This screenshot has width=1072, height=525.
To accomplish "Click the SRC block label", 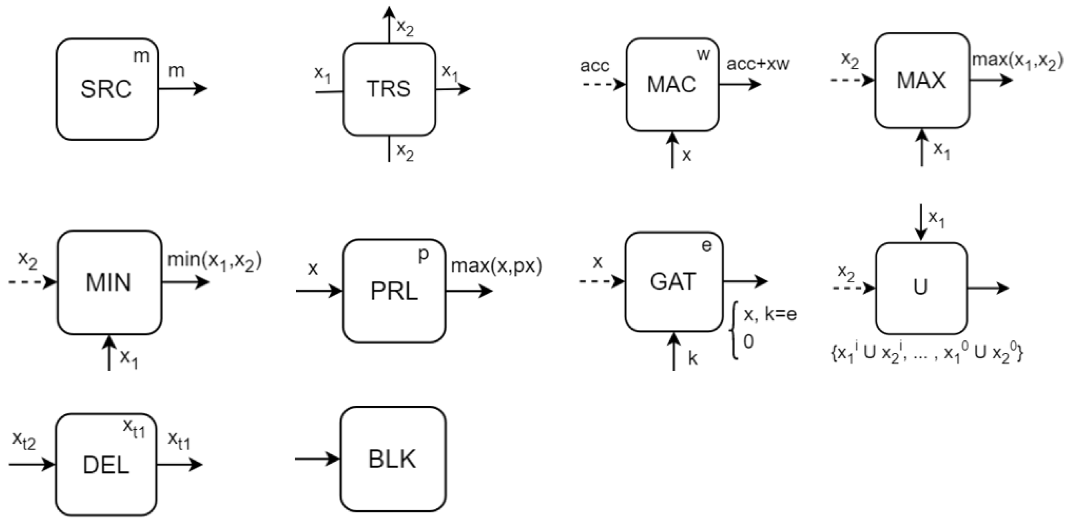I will point(106,89).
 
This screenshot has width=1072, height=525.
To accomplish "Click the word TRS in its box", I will point(388,89).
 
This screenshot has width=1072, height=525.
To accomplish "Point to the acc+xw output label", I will point(758,64).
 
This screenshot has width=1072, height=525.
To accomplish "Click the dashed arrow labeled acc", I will point(604,85).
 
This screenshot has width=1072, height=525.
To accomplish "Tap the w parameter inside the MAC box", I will point(703,54).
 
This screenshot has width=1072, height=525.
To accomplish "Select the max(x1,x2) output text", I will point(1017,61).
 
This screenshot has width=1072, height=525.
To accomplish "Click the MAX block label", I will point(921,80).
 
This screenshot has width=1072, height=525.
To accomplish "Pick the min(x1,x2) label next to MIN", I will point(214,261).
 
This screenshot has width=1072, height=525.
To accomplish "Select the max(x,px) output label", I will point(497,266).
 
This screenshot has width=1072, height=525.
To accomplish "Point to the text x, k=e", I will point(770,314).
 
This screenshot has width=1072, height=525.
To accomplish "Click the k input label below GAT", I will point(692,358).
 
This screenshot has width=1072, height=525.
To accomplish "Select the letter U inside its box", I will point(920,287).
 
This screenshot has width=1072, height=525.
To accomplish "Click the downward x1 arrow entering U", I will point(921,222).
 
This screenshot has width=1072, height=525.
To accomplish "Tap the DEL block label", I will point(106,465).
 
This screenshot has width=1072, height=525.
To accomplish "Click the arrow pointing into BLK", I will point(317,459).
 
